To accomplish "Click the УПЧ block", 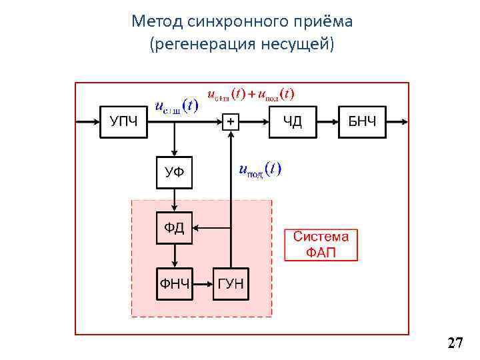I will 123,121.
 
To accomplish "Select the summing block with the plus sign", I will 231,122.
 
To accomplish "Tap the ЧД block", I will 293,121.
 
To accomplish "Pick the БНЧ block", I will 362,121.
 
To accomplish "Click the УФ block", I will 174,173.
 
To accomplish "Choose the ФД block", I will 174,228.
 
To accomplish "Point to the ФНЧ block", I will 174,285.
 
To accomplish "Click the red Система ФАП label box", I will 321,245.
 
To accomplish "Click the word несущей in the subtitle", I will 293,45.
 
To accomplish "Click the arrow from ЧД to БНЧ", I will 327,121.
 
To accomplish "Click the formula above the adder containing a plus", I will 252,93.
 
